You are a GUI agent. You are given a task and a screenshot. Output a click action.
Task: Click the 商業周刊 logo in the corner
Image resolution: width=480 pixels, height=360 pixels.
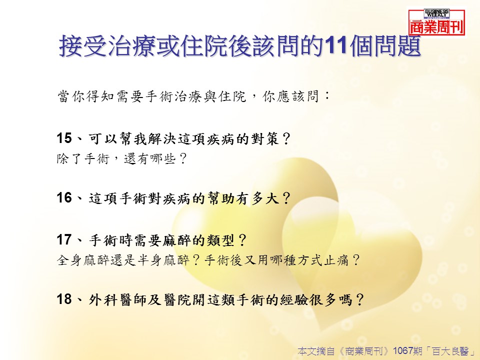tap(437, 22)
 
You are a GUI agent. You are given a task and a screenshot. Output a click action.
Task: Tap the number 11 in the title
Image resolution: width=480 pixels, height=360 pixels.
tap(336, 46)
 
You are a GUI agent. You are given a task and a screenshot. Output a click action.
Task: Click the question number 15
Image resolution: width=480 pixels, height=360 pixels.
tap(64, 138)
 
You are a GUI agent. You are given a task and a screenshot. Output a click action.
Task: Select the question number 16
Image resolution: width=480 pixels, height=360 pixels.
tap(64, 198)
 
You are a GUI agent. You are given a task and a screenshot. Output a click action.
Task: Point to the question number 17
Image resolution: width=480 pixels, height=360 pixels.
tap(64, 239)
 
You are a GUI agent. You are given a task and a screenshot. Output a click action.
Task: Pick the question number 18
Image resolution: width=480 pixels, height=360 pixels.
tap(64, 299)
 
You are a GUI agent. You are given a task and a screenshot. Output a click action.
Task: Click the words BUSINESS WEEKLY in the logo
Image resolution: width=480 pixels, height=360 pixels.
tap(436, 13)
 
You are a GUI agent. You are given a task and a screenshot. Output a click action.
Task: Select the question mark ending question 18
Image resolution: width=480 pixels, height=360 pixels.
tap(359, 299)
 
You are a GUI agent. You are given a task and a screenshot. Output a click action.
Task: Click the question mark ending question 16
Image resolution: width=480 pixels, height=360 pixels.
tap(286, 198)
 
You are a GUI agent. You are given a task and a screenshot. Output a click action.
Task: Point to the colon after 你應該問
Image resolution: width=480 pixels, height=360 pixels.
tap(327, 96)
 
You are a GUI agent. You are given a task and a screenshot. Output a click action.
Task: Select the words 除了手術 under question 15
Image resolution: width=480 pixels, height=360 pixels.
tap(83, 158)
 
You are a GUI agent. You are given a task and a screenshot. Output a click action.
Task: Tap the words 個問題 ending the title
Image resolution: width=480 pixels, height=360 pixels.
tap(385, 46)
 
